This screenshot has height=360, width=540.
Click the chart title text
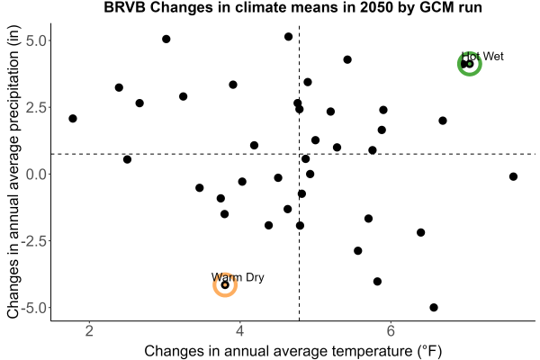pyautogui.click(x=292, y=7)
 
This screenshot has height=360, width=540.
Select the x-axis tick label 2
pyautogui.click(x=89, y=331)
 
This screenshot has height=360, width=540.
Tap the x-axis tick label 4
pyautogui.click(x=240, y=331)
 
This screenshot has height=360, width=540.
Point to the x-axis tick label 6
pyautogui.click(x=391, y=331)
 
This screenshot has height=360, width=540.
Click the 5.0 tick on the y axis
pyautogui.click(x=36, y=40)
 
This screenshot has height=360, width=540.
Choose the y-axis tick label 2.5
pyautogui.click(x=36, y=107)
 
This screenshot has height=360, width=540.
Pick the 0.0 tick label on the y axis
pyautogui.click(x=36, y=175)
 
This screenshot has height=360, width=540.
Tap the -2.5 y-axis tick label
pyautogui.click(x=34, y=241)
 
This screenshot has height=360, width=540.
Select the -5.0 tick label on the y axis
pyautogui.click(x=34, y=308)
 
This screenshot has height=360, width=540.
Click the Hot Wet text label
pyautogui.click(x=482, y=56)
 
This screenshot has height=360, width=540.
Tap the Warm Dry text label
pyautogui.click(x=238, y=277)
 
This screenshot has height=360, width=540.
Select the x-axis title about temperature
pyautogui.click(x=292, y=351)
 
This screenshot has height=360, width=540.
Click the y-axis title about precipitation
pyautogui.click(x=13, y=172)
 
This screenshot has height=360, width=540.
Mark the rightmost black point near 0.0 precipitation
pyautogui.click(x=513, y=176)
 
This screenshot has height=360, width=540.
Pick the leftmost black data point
pyautogui.click(x=73, y=119)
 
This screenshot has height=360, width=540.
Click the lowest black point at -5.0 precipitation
pyautogui.click(x=434, y=307)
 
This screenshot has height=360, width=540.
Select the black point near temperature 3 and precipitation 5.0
pyautogui.click(x=166, y=39)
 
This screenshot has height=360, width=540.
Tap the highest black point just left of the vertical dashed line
pyautogui.click(x=288, y=37)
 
